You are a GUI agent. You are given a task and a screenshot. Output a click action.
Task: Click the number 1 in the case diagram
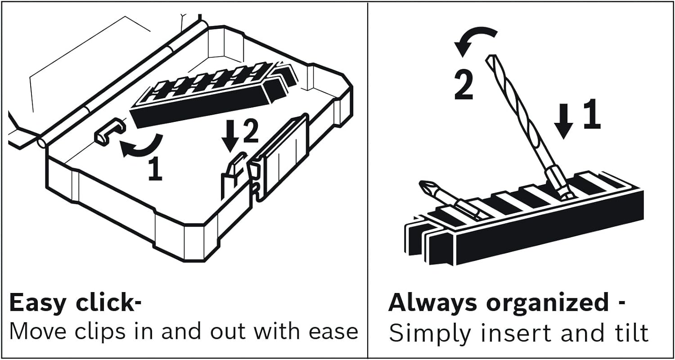pos(156,169)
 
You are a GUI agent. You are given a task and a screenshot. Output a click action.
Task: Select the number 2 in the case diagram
pos(251,131)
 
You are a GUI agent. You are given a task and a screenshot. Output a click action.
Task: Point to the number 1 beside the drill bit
pos(592,114)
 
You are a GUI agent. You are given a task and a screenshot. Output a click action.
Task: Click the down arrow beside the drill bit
pos(563,121)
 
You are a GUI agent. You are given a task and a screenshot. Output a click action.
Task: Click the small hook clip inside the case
pos(110,131)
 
